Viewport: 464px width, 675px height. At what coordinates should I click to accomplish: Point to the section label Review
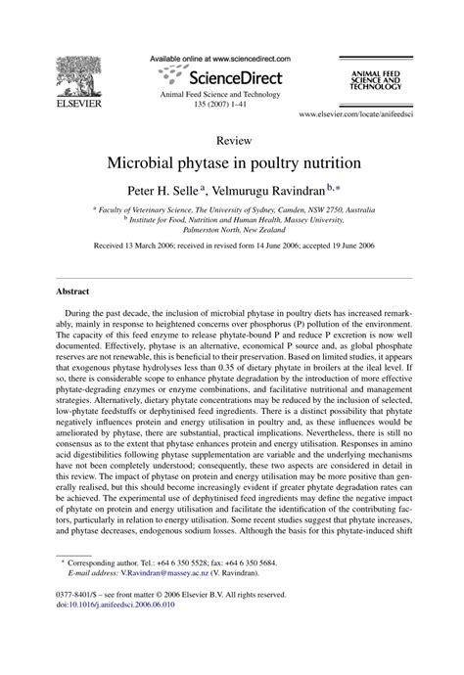231,141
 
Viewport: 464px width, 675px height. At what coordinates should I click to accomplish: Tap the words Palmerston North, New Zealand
231,227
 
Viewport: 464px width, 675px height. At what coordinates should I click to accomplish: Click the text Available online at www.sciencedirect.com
231,60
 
